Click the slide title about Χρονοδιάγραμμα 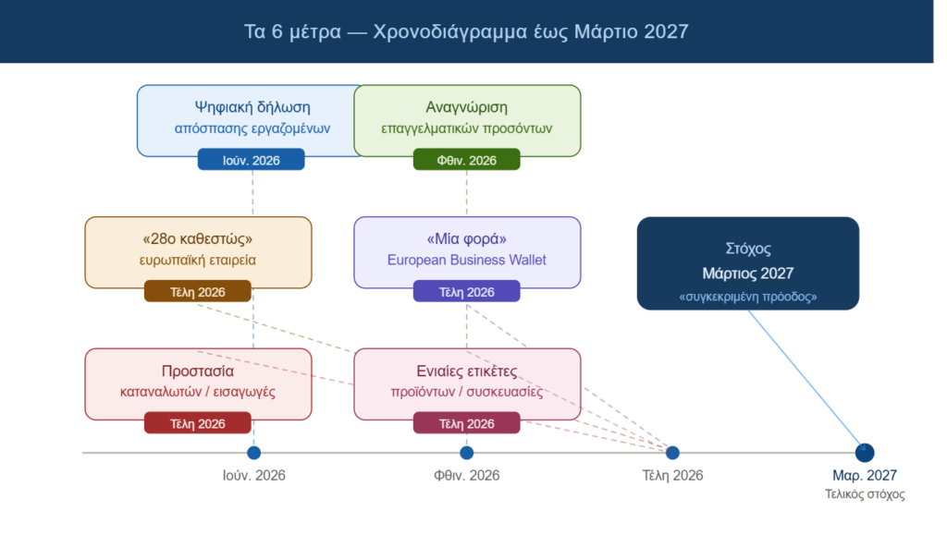[x=466, y=31]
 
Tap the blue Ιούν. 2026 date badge [x=252, y=160]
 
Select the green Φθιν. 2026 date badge [x=466, y=160]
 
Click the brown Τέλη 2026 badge [x=198, y=291]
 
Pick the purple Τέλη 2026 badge [x=466, y=291]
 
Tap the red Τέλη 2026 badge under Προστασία [x=198, y=423]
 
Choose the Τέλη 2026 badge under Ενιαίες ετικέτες [x=466, y=423]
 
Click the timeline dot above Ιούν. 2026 [x=253, y=453]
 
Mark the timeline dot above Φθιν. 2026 [x=466, y=453]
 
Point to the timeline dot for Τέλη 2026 [x=672, y=453]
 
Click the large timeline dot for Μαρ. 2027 [x=865, y=453]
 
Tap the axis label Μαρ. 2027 [x=865, y=475]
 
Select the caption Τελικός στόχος [x=865, y=494]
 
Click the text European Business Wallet [x=466, y=260]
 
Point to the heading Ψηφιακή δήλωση [x=252, y=107]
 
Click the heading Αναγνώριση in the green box [x=466, y=107]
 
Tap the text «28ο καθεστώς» [x=198, y=238]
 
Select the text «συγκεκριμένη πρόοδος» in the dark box [x=747, y=297]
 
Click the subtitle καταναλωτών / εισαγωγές [x=198, y=392]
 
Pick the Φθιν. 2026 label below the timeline [x=466, y=475]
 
